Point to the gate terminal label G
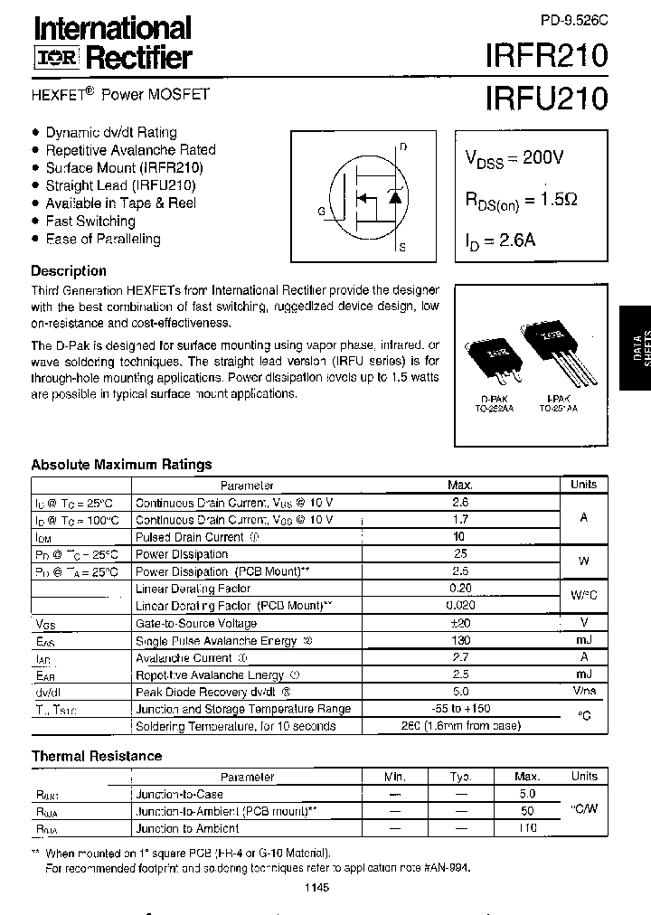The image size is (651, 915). pos(321,212)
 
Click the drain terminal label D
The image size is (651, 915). pos(403,146)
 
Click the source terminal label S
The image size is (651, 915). pos(402,246)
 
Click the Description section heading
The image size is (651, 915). pos(69,270)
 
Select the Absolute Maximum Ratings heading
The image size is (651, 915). pos(121,465)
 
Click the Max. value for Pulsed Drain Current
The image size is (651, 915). pos(460,537)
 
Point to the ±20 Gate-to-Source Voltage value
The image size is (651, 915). pos(460,623)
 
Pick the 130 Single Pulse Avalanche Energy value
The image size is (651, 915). pos(460,640)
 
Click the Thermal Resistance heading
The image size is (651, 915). pos(97,756)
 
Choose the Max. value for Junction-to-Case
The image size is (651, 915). pos(527,794)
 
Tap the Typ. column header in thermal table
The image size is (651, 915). pos(461,777)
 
